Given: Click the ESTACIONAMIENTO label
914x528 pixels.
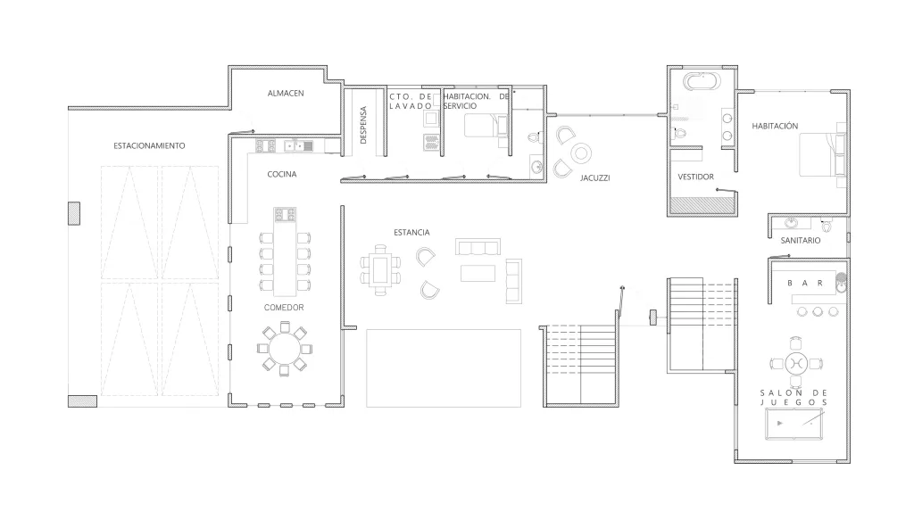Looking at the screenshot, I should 149,145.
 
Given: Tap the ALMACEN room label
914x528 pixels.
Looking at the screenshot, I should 287,93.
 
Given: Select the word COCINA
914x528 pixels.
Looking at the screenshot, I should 282,175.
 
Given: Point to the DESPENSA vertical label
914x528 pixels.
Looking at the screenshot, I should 363,125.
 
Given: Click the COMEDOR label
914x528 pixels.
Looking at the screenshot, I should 284,308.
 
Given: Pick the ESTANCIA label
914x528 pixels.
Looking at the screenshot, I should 411,233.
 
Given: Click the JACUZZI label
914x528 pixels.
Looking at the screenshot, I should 594,177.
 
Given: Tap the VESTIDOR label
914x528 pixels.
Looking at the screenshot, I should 695,177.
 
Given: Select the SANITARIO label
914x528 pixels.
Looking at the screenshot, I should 800,241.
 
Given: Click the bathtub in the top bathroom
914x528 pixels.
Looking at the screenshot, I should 702,82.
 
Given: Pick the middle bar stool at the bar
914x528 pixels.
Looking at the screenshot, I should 817,311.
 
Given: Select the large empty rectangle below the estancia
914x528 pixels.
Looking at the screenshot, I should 444,367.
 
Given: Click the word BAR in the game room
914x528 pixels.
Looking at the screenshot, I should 803,283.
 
